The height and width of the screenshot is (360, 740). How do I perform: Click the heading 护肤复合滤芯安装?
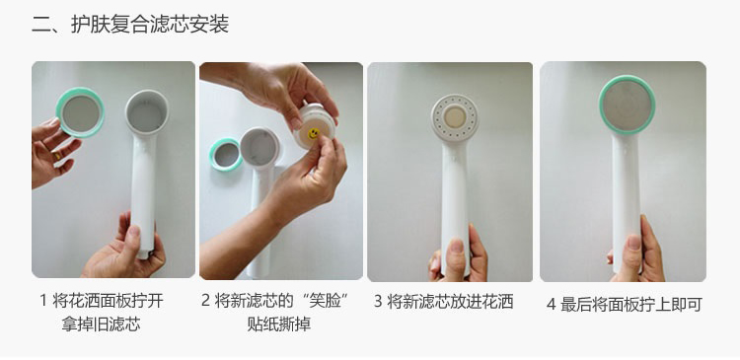(150, 24)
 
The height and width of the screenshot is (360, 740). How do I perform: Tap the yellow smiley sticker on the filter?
(313, 133)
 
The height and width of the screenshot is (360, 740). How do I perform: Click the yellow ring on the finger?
(57, 155)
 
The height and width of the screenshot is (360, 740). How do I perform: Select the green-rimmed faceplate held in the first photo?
(80, 112)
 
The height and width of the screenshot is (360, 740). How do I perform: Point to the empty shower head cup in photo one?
(147, 111)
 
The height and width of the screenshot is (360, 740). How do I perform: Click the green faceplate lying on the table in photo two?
(226, 154)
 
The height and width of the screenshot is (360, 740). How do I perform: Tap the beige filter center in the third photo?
(455, 116)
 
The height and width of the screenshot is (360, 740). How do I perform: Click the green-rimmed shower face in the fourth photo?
(627, 106)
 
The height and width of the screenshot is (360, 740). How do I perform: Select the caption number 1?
(43, 301)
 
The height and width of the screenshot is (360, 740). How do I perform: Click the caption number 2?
(205, 301)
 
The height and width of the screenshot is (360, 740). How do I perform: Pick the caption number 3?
(378, 302)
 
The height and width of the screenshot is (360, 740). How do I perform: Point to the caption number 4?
(551, 305)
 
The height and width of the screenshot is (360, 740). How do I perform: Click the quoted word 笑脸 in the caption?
(326, 301)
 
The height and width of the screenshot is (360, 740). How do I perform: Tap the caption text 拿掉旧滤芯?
(101, 324)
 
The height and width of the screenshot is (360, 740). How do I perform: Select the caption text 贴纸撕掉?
(279, 324)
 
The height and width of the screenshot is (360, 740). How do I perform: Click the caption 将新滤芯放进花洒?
(450, 302)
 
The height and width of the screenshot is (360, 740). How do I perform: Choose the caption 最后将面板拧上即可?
(631, 305)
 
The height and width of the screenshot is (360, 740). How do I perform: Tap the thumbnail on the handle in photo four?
(633, 243)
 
